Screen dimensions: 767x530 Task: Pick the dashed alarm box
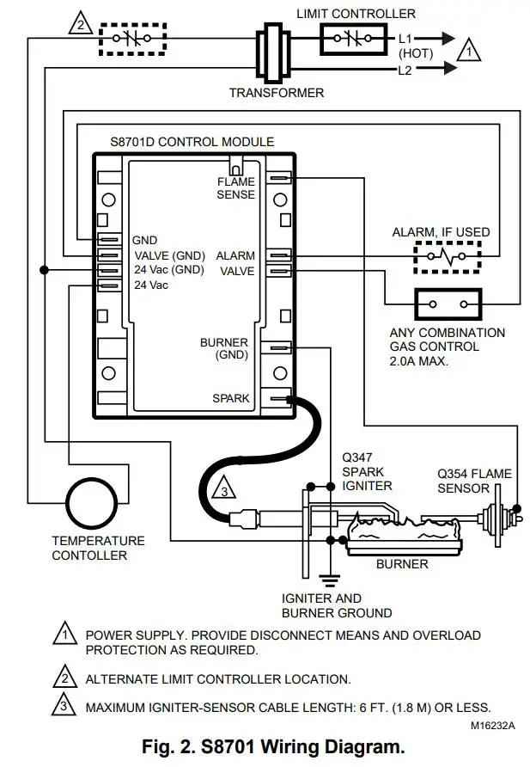point(448,255)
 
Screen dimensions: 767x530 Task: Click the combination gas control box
point(448,304)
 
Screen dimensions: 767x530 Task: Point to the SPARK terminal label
point(231,399)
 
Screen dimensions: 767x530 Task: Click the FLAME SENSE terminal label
point(235,187)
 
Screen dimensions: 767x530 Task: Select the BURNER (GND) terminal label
point(225,348)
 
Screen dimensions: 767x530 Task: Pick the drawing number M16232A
point(492,725)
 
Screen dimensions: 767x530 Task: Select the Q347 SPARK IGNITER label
point(367,471)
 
